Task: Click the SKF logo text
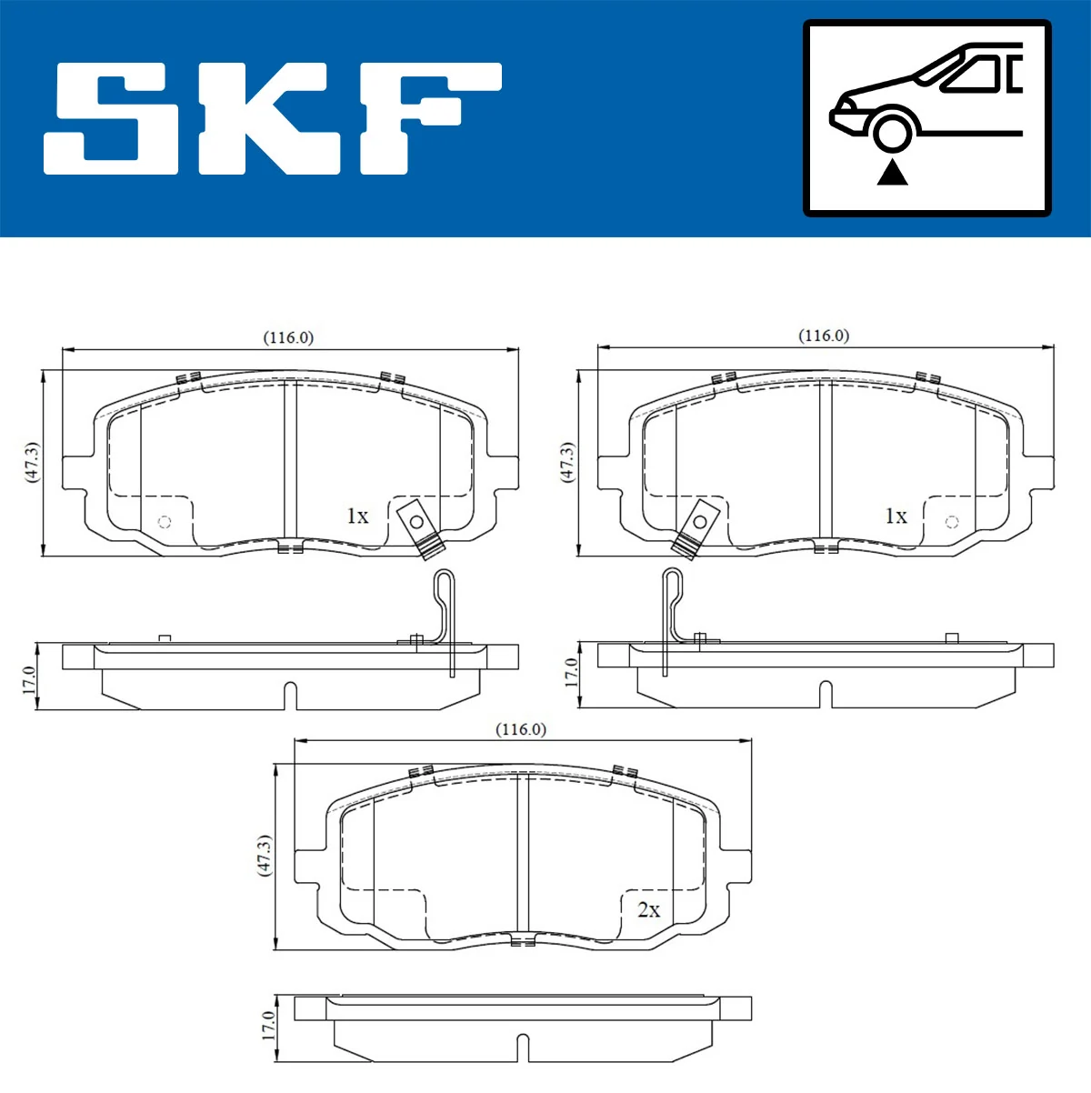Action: (x=273, y=118)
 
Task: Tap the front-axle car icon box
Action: (x=926, y=118)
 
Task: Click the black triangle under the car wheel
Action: (x=893, y=172)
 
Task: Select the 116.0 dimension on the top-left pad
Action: (x=288, y=337)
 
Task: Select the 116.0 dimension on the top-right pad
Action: (x=824, y=336)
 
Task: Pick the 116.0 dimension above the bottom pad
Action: (x=521, y=729)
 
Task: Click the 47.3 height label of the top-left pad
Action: (x=32, y=463)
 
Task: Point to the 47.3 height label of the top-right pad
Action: (x=567, y=463)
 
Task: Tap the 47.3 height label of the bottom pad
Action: (x=265, y=856)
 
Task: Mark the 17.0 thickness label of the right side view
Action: (x=570, y=674)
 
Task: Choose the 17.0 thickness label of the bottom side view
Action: (x=267, y=1026)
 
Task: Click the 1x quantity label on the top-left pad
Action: (x=357, y=516)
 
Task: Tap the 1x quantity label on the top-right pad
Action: (x=896, y=516)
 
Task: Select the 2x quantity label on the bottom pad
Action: (x=648, y=909)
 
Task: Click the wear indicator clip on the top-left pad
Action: (x=418, y=526)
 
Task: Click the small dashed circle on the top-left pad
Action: (x=165, y=522)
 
